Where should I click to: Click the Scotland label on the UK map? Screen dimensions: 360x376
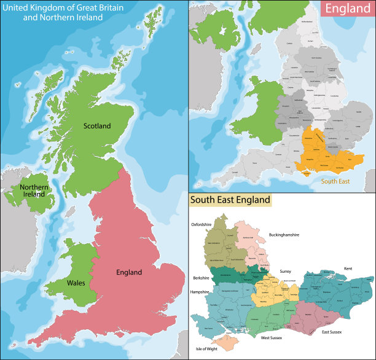coord(97,126)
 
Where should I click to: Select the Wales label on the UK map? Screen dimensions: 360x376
coord(76,283)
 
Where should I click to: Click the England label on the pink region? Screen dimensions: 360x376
coord(129,272)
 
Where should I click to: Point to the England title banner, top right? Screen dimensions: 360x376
coord(347,8)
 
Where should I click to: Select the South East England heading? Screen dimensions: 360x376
coord(230,200)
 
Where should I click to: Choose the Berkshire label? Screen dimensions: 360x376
coord(200,278)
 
